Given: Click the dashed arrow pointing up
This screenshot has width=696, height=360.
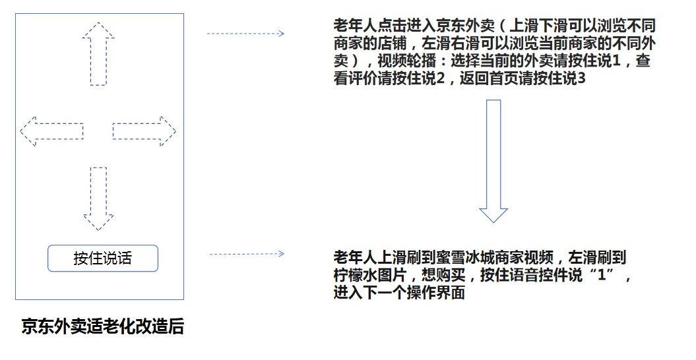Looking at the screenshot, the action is coord(98,53).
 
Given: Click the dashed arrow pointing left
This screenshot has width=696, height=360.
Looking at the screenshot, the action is coord(51,131).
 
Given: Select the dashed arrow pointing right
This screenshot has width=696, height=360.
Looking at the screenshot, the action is coord(144,131).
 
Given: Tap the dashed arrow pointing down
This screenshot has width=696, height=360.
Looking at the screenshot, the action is coord(98,199).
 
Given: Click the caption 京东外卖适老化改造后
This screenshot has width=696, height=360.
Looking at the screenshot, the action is coord(102,326).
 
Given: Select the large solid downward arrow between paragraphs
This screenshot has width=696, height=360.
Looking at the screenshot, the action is coord(493,161).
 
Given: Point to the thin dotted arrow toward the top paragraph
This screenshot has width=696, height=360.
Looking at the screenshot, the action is coord(245,33).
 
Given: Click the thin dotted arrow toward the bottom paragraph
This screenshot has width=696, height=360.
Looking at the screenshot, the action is coord(247,254).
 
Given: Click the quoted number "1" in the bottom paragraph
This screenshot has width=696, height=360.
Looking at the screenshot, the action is coord(602,275).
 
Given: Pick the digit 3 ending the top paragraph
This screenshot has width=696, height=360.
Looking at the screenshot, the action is coord(581,78).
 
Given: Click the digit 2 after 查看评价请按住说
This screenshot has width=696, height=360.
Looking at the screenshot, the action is coord(440,78).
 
